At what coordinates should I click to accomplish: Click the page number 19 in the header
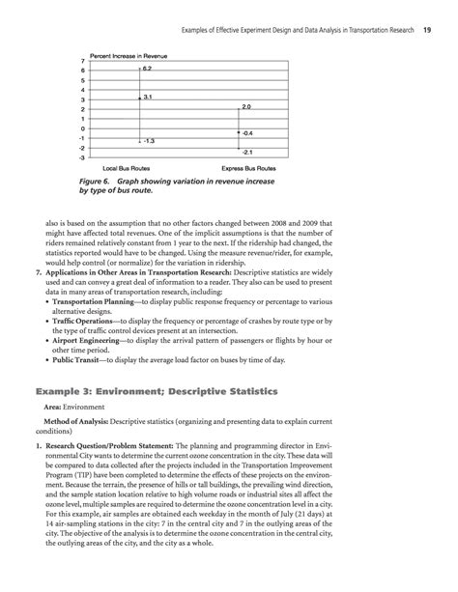(x=426, y=16)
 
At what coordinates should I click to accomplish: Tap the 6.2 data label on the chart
(x=147, y=70)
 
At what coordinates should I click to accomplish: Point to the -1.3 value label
(x=150, y=141)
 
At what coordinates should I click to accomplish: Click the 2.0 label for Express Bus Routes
(x=246, y=106)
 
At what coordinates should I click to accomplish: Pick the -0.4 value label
(x=247, y=131)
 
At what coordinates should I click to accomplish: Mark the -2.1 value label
(x=247, y=153)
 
